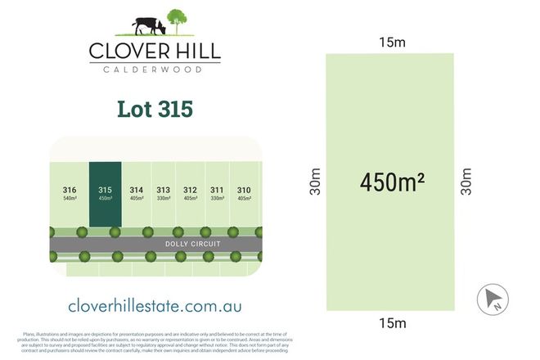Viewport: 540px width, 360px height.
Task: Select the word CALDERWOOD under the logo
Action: [x=155, y=70]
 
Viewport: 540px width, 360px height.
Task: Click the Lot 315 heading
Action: [x=155, y=108]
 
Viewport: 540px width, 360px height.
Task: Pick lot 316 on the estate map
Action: [x=70, y=193]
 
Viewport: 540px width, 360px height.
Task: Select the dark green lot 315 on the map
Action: [x=105, y=193]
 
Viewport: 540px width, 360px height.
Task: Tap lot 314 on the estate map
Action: [x=137, y=193]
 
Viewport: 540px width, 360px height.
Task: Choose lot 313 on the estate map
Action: [x=164, y=193]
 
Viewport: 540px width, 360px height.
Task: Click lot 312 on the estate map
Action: [x=190, y=193]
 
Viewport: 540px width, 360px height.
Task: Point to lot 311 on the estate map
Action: [x=217, y=193]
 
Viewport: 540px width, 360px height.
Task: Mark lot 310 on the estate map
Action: [x=244, y=193]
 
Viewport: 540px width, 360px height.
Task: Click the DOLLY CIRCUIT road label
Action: [x=194, y=244]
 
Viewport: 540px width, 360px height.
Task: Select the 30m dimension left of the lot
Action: [x=316, y=182]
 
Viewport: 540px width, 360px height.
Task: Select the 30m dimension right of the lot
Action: [x=466, y=182]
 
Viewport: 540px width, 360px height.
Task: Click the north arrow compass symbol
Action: [x=493, y=299]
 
